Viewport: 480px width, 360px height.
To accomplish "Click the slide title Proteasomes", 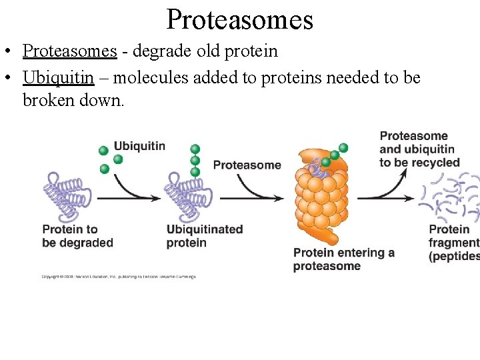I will pos(239,19).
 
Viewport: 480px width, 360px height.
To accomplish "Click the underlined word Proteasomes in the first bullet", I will pos(70,51).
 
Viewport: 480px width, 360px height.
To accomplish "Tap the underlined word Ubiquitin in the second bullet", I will pos(58,77).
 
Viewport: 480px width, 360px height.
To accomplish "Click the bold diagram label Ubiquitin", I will pos(139,146).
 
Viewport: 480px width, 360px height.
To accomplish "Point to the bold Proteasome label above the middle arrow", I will pos(247,165).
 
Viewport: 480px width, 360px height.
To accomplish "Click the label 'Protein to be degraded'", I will pos(77,236).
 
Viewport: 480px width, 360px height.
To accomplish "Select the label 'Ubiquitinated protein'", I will pos(204,236).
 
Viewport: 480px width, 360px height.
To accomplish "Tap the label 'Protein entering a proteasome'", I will pos(344,259).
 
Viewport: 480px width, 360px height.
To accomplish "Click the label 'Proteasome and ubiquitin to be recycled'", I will pos(419,149).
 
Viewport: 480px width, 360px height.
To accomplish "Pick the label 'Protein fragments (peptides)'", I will pos(454,243).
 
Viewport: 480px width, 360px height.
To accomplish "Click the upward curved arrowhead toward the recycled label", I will pos(404,171).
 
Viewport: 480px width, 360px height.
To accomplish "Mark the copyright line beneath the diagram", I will pos(119,277).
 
